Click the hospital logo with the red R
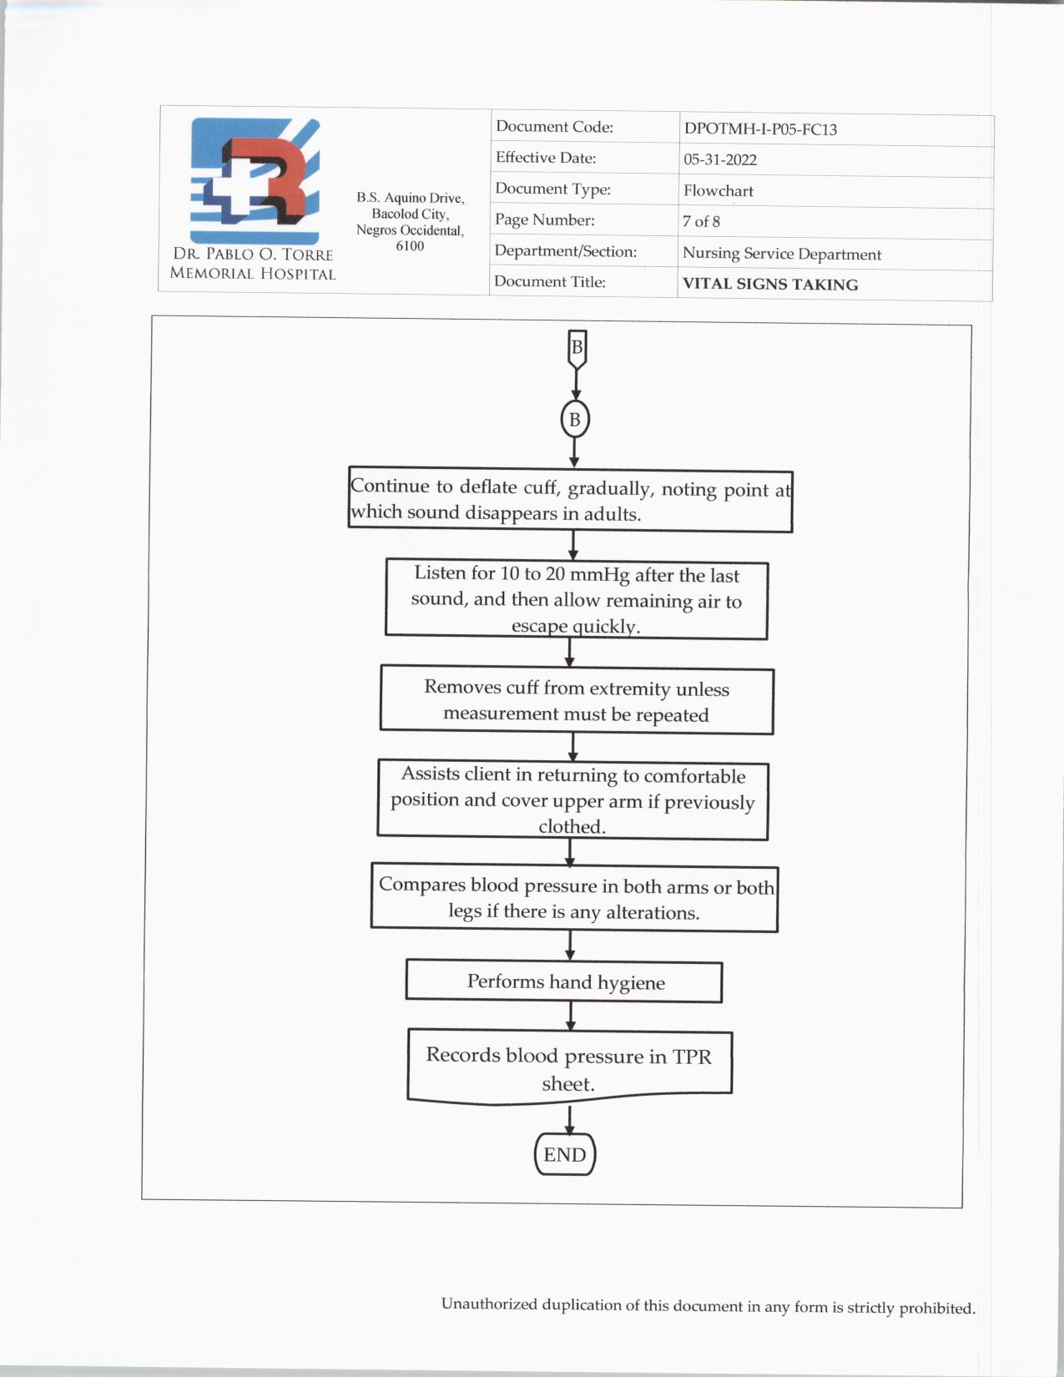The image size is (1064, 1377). (255, 181)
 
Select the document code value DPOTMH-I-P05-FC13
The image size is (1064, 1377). (760, 129)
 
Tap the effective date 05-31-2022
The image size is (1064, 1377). (719, 160)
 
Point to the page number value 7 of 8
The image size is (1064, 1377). (701, 222)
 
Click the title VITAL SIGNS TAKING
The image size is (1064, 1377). (769, 285)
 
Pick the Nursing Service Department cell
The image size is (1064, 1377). (781, 254)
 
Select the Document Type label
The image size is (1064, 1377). (552, 189)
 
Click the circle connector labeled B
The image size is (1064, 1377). (574, 420)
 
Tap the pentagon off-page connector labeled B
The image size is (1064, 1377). (576, 348)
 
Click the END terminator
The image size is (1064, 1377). (565, 1155)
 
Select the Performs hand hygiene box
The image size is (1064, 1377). (564, 982)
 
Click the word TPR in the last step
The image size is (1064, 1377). (692, 1057)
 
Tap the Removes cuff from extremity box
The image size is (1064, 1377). (576, 701)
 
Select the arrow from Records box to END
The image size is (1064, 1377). (570, 1119)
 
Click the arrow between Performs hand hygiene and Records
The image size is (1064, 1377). (571, 1016)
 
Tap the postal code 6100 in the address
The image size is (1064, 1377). (410, 246)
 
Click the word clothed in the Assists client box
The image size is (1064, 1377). (572, 827)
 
